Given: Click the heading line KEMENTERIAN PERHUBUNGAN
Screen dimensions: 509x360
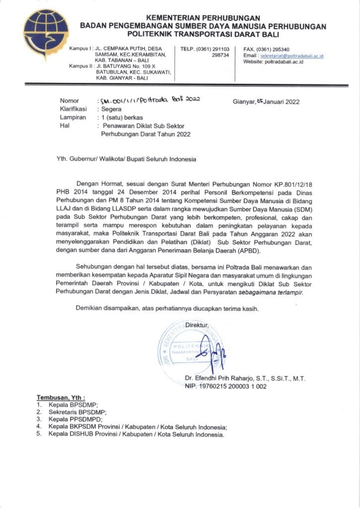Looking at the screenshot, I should point(203,17).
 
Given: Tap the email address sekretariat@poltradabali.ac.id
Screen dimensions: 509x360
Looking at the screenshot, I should point(295,56).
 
